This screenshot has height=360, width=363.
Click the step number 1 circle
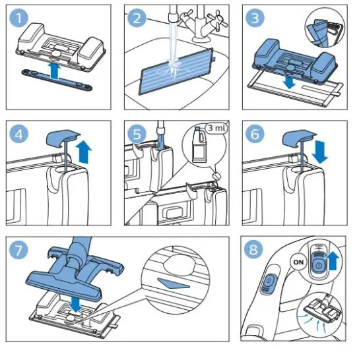tap(18, 18)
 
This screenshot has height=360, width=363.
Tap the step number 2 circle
tap(137, 18)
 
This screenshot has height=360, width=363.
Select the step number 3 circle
tap(255, 18)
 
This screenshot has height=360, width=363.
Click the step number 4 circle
tap(18, 134)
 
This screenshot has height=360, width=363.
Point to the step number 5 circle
tap(137, 134)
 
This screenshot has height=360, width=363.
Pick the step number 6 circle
tap(255, 134)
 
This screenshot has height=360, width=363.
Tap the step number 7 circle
tap(18, 250)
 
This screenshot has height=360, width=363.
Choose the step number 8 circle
tap(253, 250)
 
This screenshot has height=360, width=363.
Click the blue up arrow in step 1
tap(55, 72)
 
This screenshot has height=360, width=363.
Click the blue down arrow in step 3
tap(289, 82)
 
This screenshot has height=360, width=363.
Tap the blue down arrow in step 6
tap(319, 152)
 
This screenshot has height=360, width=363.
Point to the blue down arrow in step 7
tap(76, 305)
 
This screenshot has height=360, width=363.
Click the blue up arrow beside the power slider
tap(333, 261)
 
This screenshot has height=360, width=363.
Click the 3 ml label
tap(216, 128)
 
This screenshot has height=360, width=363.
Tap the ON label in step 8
tap(298, 262)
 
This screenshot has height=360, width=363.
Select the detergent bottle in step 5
tap(199, 144)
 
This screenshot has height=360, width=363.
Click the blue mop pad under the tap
tap(176, 72)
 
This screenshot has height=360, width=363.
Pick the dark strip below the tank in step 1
tap(57, 79)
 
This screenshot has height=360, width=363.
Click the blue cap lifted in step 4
tap(63, 138)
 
